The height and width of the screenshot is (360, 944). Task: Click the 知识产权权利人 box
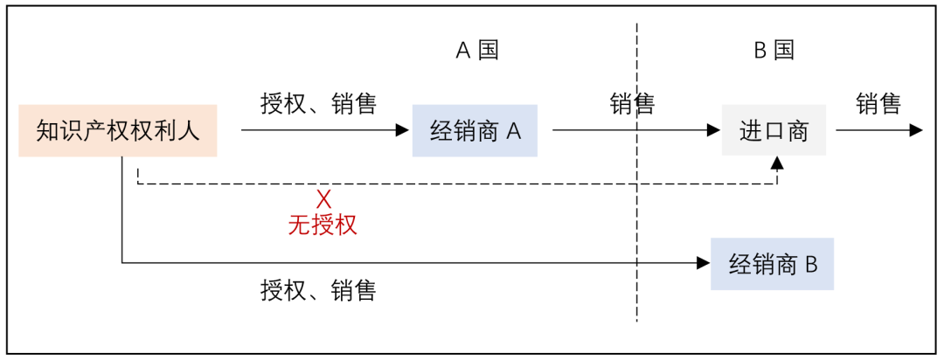(117, 131)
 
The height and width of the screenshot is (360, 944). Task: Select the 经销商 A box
(475, 131)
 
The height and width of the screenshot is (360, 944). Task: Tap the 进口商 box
(774, 131)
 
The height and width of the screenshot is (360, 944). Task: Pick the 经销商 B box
(772, 264)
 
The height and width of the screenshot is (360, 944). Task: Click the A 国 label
(477, 50)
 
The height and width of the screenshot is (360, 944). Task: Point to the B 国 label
(774, 50)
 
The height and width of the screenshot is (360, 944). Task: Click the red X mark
(323, 199)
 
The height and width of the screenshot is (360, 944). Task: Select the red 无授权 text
(323, 225)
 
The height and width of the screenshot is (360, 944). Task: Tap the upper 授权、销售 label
(318, 103)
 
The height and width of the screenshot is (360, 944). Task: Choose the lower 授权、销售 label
(318, 290)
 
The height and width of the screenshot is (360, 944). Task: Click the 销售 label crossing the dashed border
(632, 104)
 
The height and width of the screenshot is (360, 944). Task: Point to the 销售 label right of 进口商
(878, 103)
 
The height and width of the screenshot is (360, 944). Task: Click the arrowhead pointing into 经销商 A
(403, 130)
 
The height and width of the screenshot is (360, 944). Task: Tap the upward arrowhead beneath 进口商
(777, 163)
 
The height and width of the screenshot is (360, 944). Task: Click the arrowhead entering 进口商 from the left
(713, 130)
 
